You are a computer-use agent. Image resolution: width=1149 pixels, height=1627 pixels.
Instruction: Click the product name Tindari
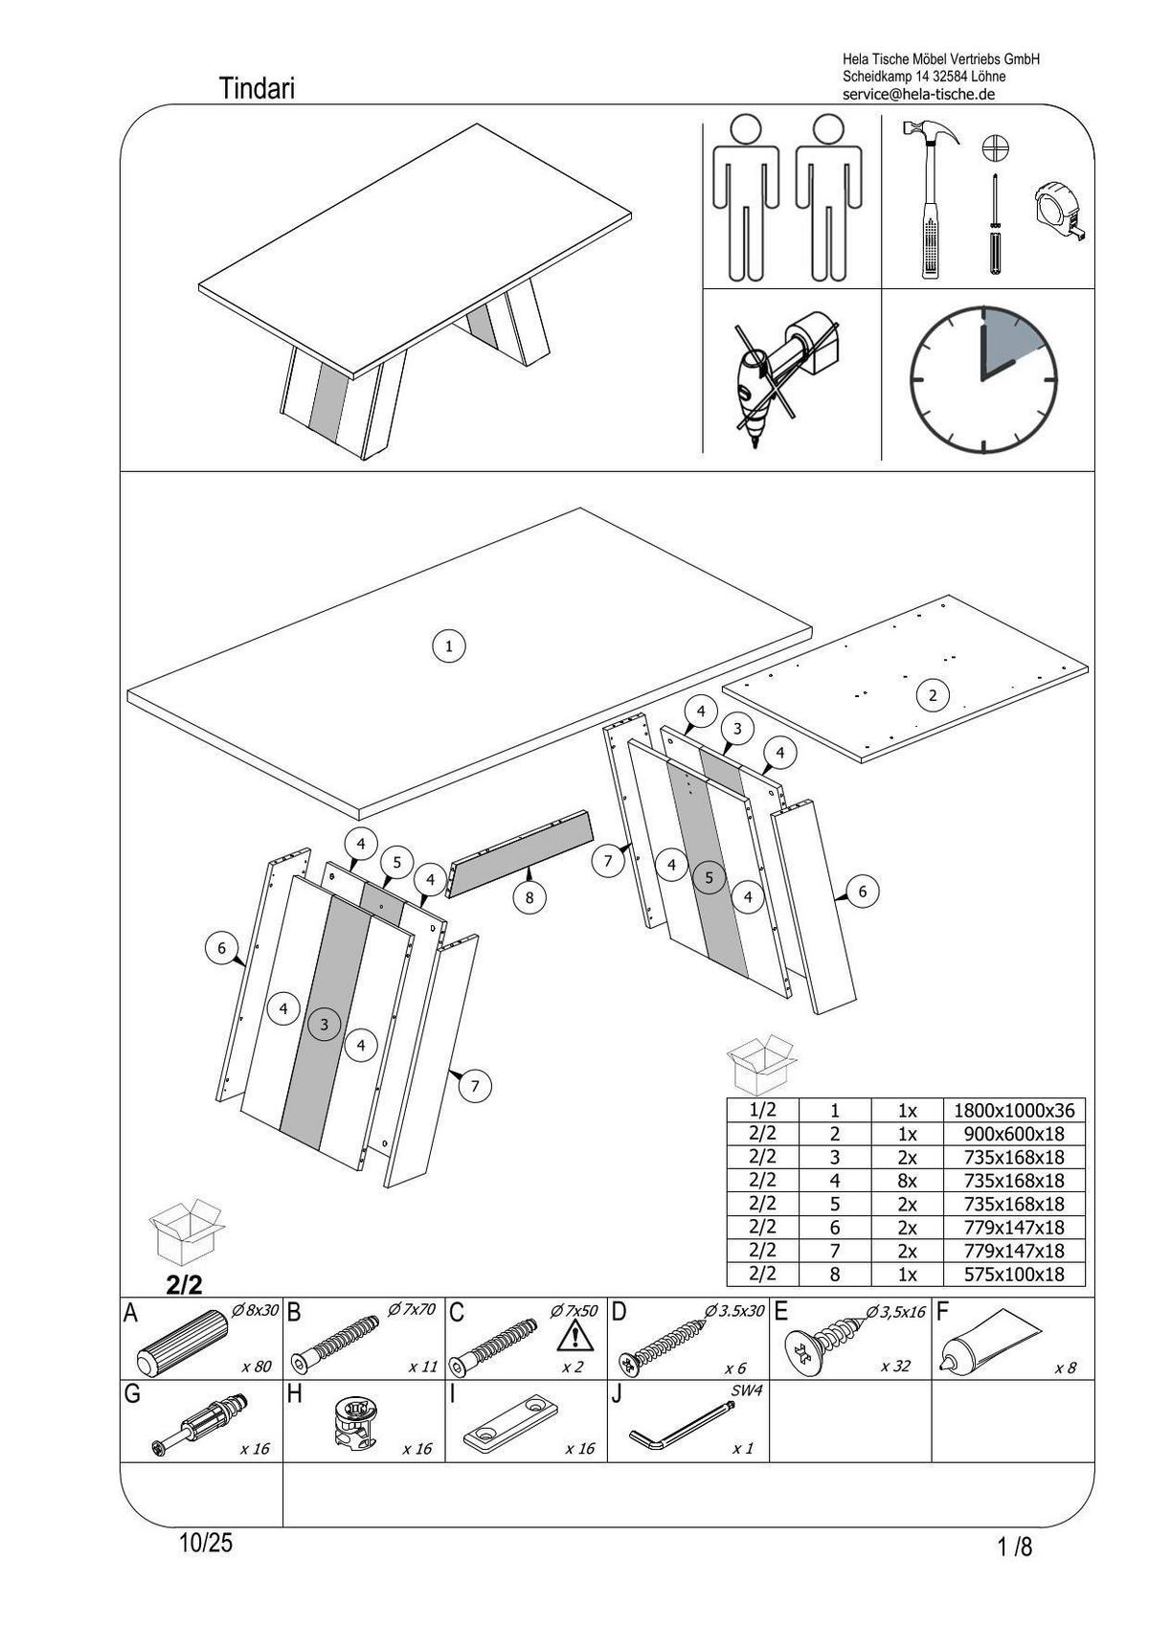[x=257, y=89]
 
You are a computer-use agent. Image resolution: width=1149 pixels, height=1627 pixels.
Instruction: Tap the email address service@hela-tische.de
[x=918, y=94]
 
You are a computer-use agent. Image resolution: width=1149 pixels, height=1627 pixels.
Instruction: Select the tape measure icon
[x=1060, y=212]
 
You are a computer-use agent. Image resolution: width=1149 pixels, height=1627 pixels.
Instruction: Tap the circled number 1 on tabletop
[x=448, y=645]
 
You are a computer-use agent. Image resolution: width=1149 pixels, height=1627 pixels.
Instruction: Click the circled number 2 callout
[x=933, y=695]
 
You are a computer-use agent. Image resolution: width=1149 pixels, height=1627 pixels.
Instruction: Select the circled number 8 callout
[x=529, y=897]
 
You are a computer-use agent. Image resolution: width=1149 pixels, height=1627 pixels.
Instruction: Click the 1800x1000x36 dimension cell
[x=1014, y=1111]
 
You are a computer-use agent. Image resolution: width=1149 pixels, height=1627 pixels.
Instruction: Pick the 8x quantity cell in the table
[x=907, y=1181]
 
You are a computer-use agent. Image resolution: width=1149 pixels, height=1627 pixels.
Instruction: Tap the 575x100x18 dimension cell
[x=1014, y=1275]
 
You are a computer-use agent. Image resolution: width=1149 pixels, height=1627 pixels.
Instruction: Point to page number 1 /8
[x=1015, y=1547]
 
